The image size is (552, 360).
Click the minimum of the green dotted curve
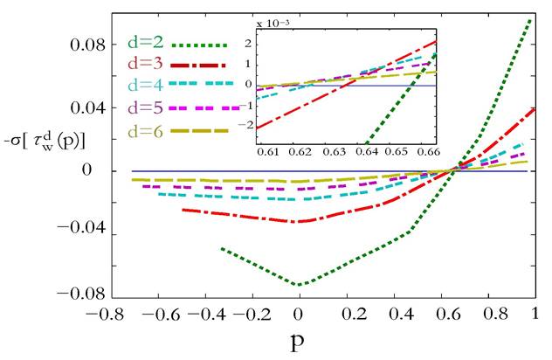coord(300,285)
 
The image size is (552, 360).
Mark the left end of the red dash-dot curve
coord(183,210)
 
